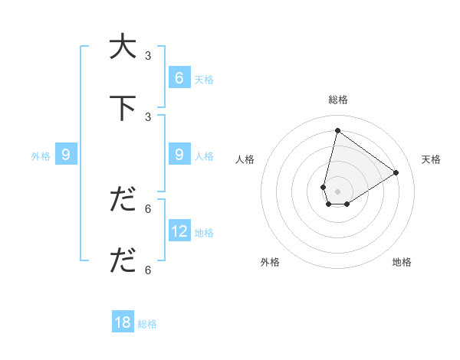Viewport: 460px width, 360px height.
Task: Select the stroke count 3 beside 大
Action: pyautogui.click(x=148, y=56)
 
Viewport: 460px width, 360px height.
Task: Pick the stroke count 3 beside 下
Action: pyautogui.click(x=148, y=117)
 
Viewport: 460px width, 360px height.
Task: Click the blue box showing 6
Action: pyautogui.click(x=179, y=77)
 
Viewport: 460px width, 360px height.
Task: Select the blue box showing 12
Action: pyautogui.click(x=179, y=231)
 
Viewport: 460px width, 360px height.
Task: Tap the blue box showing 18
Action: pyautogui.click(x=123, y=322)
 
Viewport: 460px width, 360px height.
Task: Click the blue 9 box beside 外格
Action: pyautogui.click(x=66, y=155)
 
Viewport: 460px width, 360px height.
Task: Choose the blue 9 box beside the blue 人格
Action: pyautogui.click(x=179, y=155)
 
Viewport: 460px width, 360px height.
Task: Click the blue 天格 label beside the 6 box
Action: pyautogui.click(x=204, y=79)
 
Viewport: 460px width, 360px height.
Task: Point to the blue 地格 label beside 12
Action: pyautogui.click(x=205, y=232)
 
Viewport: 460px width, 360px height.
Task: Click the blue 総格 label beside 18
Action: pyautogui.click(x=147, y=324)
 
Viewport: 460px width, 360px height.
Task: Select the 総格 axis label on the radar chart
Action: pyautogui.click(x=338, y=100)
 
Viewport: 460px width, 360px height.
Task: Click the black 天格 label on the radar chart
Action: pyautogui.click(x=431, y=159)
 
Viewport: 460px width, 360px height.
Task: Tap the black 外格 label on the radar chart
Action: pyautogui.click(x=270, y=262)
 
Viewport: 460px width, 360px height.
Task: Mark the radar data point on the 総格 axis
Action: pyautogui.click(x=337, y=130)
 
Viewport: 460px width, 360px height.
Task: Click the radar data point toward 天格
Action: pyautogui.click(x=396, y=172)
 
